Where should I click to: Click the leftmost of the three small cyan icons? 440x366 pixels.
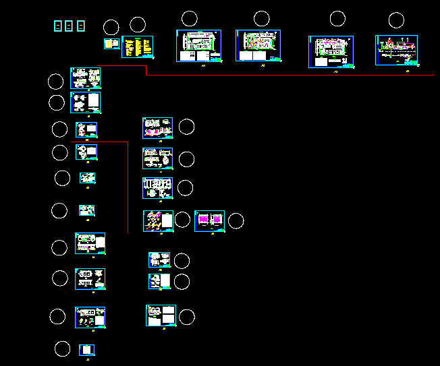[x=57, y=26]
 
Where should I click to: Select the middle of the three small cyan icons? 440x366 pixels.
[x=69, y=26]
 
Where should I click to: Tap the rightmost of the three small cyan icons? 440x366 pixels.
[x=81, y=26]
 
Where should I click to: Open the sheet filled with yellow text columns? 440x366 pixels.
[x=137, y=47]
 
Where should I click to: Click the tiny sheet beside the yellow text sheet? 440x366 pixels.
[x=111, y=44]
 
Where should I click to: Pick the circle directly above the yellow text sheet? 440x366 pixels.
[x=138, y=26]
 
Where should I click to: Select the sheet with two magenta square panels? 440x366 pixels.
[x=210, y=221]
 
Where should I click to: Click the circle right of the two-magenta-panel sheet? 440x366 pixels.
[x=236, y=220]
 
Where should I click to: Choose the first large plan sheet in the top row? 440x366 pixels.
[x=199, y=46]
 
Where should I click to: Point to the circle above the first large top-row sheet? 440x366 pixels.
[x=190, y=19]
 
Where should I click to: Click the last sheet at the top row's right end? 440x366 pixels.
[x=397, y=50]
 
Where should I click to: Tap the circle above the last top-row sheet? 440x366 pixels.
[x=396, y=20]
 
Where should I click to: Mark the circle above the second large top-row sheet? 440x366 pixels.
[x=261, y=19]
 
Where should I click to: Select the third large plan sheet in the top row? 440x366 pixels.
[x=331, y=51]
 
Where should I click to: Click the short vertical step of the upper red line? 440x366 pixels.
[x=146, y=70]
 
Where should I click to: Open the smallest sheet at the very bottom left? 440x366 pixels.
[x=87, y=350]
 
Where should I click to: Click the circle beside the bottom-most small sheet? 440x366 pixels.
[x=62, y=348]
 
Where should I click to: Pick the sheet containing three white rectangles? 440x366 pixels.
[x=161, y=315]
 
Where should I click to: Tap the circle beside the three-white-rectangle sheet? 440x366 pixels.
[x=186, y=317]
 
